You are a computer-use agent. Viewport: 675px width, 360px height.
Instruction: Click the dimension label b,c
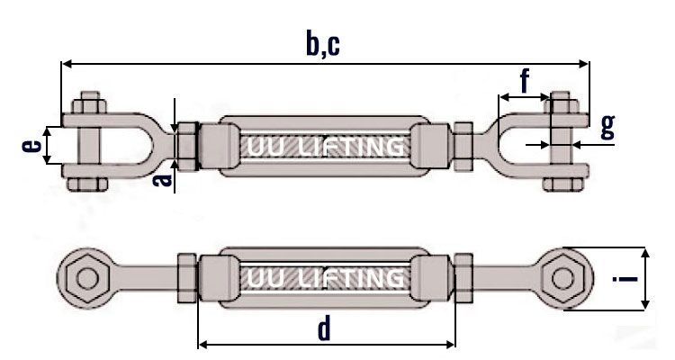coord(323,42)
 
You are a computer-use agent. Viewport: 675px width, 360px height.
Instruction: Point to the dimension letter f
coord(526,81)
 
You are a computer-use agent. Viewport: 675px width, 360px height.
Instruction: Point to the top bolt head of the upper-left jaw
coord(90,99)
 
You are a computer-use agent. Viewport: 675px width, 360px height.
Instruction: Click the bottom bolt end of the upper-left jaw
coord(90,186)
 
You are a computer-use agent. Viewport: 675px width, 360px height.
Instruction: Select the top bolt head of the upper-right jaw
coord(560,99)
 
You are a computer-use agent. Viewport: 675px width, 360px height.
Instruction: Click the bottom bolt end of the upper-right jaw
coord(560,186)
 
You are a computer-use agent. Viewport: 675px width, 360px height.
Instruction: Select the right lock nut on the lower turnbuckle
coord(463,277)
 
